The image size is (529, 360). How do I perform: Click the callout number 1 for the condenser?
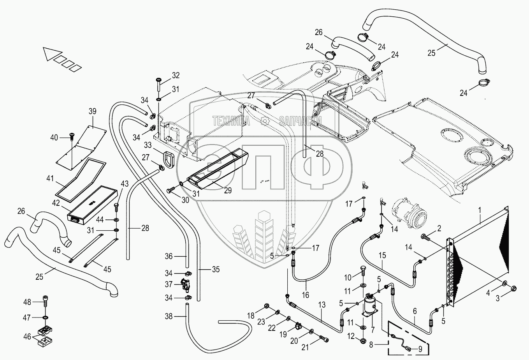[480, 210]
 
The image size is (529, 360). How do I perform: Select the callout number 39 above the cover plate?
[92, 111]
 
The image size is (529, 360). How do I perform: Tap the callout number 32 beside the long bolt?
[176, 75]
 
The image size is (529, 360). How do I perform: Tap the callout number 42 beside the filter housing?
[57, 203]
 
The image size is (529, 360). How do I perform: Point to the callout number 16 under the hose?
[305, 295]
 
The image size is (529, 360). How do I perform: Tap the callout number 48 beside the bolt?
[27, 302]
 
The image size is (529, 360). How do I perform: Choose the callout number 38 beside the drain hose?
[168, 317]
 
